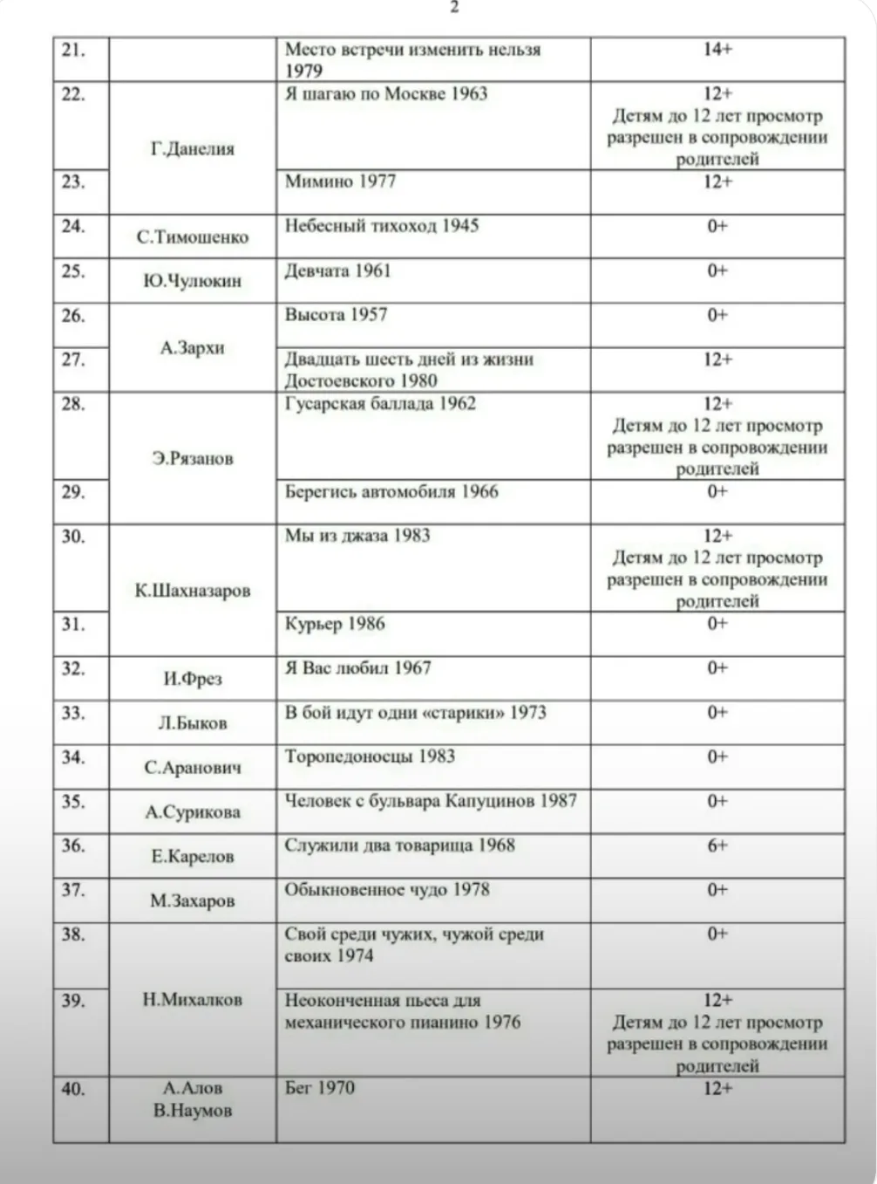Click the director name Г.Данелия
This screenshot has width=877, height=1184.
(x=193, y=149)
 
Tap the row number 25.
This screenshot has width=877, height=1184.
(x=73, y=271)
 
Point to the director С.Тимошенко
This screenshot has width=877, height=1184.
(x=193, y=237)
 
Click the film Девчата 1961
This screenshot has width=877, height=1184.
(x=338, y=270)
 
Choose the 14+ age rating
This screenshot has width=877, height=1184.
(x=717, y=50)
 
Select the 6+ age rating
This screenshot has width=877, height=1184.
(x=717, y=845)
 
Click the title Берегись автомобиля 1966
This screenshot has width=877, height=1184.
(x=391, y=492)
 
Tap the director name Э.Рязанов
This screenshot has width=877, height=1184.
(x=193, y=459)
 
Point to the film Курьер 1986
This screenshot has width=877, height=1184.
(x=335, y=624)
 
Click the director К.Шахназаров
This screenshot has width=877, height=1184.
(x=193, y=591)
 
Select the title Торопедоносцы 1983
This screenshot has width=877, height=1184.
(x=370, y=756)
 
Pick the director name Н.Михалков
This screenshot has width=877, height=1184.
(x=193, y=1000)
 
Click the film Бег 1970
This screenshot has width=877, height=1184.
(x=320, y=1088)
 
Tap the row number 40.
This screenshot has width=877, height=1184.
(x=73, y=1089)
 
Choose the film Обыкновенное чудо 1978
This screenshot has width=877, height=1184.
(x=387, y=890)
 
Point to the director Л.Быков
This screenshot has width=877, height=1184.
(x=193, y=723)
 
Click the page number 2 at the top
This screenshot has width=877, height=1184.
(x=454, y=8)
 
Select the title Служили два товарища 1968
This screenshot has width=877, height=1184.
(x=399, y=845)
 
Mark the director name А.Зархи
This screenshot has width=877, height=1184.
(x=193, y=348)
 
